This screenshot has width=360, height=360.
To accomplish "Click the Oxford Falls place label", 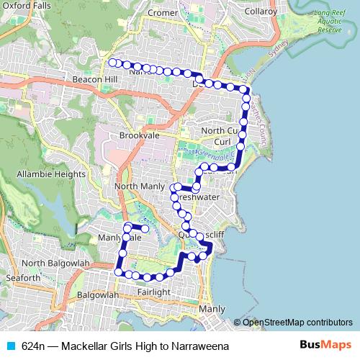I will [x=26, y=6].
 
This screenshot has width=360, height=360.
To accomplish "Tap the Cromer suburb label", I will [x=161, y=13].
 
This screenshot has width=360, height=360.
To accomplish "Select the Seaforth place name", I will [x=22, y=278].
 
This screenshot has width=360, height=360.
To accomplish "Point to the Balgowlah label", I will [x=96, y=295].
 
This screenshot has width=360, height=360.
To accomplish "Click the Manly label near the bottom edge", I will [x=212, y=309].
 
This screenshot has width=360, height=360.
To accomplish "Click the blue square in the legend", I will [x=10, y=346].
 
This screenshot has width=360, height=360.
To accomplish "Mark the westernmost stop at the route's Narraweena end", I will [x=112, y=63].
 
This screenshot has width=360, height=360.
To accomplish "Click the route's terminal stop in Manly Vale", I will [x=145, y=229].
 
